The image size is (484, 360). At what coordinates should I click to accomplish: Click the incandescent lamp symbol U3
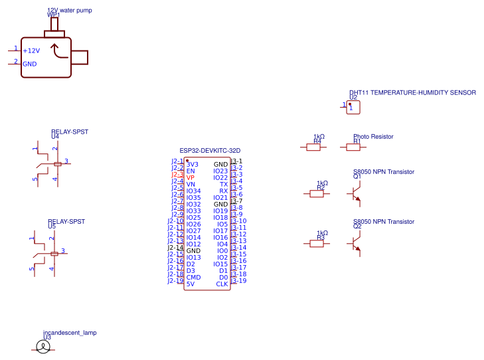[42, 347]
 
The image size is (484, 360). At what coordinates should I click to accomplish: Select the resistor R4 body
[313, 147]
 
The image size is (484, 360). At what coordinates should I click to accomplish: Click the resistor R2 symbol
[317, 194]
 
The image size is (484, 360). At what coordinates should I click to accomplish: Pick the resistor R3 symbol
[317, 244]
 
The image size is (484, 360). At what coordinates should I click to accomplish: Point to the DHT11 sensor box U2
[353, 106]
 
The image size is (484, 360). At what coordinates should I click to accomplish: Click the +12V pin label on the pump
[31, 50]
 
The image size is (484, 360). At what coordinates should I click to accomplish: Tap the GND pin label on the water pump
[30, 64]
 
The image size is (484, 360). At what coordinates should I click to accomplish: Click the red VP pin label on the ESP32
[191, 178]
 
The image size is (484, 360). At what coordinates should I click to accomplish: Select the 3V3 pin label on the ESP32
[193, 164]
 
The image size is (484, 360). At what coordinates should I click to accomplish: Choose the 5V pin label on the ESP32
[191, 284]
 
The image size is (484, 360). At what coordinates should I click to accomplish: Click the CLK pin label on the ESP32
[222, 284]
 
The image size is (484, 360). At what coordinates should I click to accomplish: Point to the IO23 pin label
[220, 171]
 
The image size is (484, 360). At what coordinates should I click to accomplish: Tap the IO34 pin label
[193, 191]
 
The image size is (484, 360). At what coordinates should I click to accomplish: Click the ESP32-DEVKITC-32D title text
[210, 151]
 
